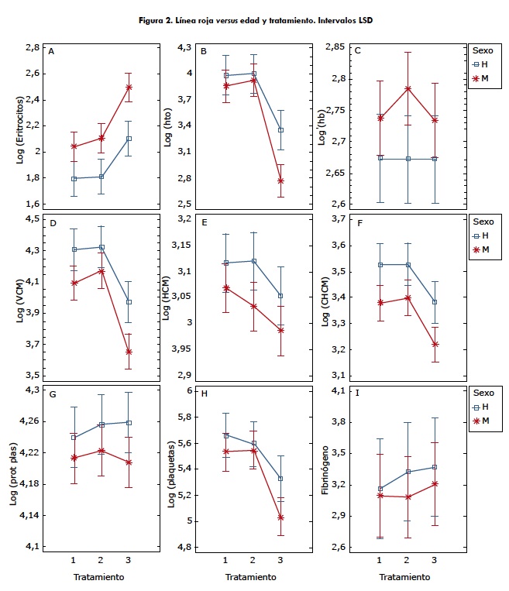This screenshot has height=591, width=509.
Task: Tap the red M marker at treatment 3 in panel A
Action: (129, 88)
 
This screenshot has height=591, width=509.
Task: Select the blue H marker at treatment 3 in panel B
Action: (280, 130)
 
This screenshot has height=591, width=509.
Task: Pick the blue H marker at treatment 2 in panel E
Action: (254, 261)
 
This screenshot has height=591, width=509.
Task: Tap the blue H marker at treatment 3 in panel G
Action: (129, 423)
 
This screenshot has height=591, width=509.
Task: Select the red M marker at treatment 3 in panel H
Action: (280, 517)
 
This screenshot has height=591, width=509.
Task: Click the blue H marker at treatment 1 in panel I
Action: (380, 489)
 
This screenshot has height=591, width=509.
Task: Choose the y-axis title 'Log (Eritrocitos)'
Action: (21, 126)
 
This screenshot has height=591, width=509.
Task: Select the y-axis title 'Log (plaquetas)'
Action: (172, 469)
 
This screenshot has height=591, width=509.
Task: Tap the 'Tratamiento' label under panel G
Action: (99, 577)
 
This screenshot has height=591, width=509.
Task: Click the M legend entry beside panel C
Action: (486, 78)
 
